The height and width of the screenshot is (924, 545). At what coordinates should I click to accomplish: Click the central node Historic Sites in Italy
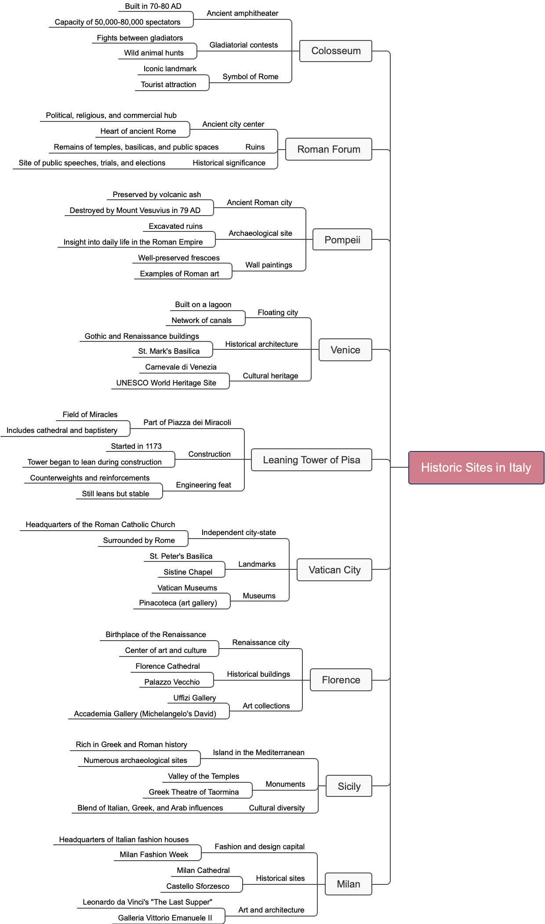476,467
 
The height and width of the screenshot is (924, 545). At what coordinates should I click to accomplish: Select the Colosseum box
336,51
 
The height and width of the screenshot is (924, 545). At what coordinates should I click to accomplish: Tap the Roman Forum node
328,149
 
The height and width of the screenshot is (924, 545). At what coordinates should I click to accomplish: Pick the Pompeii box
342,240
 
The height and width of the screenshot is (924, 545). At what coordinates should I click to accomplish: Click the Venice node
345,350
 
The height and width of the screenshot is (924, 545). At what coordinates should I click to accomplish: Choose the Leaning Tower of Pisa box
311,460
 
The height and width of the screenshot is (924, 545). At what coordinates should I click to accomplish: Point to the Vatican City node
334,570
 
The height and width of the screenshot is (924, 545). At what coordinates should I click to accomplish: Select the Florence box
341,680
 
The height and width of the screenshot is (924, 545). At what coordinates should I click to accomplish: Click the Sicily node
349,786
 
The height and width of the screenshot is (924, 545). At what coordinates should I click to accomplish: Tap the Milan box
348,884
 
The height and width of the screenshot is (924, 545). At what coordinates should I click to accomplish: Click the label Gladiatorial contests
243,45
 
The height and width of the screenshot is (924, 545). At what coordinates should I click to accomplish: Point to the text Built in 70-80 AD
153,6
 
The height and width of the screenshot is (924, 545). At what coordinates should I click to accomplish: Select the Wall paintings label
269,265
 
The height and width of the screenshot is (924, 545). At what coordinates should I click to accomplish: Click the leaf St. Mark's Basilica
169,351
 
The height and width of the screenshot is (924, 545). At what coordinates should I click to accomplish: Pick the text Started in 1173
136,446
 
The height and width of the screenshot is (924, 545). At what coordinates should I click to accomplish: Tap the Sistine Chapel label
188,572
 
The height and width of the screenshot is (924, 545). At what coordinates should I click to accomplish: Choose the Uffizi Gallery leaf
194,698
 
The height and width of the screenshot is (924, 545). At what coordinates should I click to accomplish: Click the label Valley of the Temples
203,776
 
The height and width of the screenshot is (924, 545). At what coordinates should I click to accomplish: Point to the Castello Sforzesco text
198,886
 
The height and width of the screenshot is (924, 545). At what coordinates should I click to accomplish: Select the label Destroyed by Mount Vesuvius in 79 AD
135,210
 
